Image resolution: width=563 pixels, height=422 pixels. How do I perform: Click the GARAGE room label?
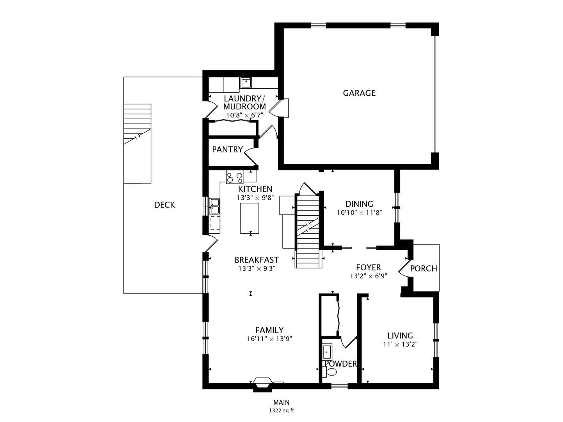coord(359,93)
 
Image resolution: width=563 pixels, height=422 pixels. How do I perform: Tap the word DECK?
coord(164,205)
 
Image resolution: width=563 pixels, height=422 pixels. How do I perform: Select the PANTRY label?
coord(227,149)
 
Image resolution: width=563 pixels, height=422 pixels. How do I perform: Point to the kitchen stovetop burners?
coord(235,177)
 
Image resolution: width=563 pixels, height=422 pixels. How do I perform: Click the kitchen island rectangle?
coord(249,218)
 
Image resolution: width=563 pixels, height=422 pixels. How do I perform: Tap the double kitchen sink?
coord(214,206)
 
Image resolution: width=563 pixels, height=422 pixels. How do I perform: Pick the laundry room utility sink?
coord(246,83)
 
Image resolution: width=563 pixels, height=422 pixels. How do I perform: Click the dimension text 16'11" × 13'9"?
coord(269,339)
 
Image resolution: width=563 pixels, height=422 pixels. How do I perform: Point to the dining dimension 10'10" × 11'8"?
coord(359,213)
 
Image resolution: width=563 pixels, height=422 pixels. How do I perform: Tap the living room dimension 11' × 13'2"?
coord(400,344)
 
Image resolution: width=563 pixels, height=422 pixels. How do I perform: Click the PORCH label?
coord(424,268)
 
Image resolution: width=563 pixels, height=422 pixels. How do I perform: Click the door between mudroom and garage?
coord(279,108)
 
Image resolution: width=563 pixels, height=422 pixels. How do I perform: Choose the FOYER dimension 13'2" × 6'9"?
coord(369,276)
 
